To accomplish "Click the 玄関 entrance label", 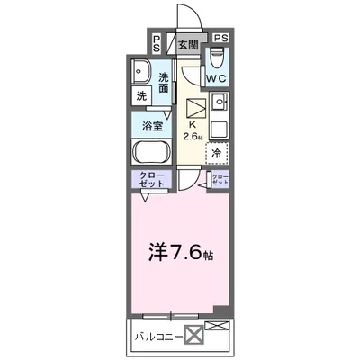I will pos(186,43).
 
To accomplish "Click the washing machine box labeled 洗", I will pos(142,96).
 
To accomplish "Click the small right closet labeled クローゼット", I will pos(219,179).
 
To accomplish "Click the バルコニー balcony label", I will pos(158,337).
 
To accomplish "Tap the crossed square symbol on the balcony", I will pos(195,337).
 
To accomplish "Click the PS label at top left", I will pos(157,42).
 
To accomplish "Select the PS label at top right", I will pos(220,39).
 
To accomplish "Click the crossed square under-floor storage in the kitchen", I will pos(194,108).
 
